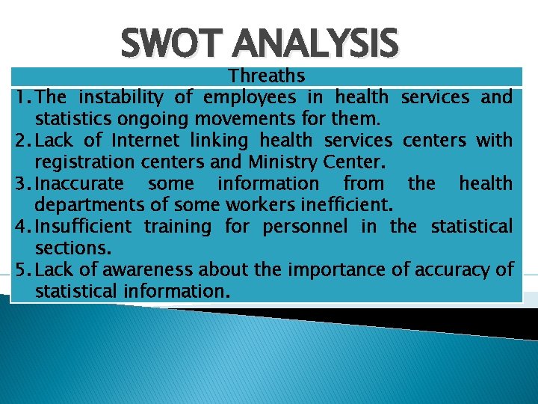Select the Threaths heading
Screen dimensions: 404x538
coord(267,76)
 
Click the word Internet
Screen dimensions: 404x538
coord(145,140)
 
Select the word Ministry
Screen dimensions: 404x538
coord(279,162)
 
